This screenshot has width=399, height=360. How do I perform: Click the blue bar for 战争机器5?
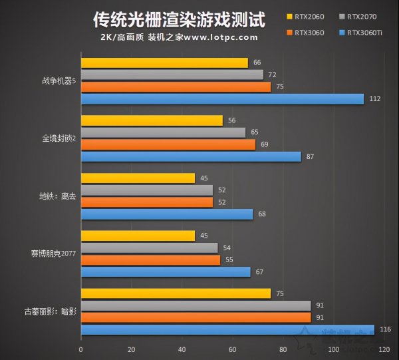[222, 99]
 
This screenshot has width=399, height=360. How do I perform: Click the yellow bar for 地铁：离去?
[138, 178]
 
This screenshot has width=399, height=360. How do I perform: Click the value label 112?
[374, 99]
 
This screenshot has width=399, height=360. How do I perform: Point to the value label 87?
[310, 157]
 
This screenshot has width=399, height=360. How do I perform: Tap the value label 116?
[384, 329]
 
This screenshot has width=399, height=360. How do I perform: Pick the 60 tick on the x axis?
[232, 349]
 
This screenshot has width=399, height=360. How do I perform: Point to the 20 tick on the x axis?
[131, 349]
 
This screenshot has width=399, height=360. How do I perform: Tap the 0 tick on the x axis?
[81, 349]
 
